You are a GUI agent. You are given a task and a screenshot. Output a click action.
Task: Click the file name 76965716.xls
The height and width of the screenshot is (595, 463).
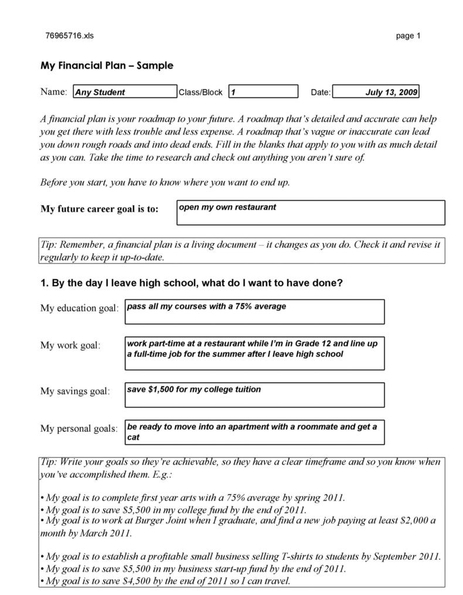click(69, 36)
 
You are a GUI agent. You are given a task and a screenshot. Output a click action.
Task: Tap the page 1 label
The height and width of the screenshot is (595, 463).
click(408, 36)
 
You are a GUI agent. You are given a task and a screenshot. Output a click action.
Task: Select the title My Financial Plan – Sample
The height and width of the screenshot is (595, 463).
click(107, 66)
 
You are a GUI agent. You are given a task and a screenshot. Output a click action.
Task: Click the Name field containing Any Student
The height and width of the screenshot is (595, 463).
click(124, 92)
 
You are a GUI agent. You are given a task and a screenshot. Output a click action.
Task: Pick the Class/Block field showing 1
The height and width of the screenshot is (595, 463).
click(263, 92)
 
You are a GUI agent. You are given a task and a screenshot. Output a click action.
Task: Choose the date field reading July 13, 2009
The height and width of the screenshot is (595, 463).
click(375, 92)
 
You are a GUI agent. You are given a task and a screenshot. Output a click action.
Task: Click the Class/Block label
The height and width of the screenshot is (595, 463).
click(200, 93)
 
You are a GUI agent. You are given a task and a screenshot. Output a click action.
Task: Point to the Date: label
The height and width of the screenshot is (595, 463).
click(321, 93)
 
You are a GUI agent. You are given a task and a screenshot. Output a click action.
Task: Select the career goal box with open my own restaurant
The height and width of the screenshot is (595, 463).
click(310, 213)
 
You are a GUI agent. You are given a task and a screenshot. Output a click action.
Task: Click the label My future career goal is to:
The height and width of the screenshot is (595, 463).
click(99, 209)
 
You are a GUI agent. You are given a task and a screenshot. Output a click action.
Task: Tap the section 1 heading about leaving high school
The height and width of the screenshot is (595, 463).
click(191, 283)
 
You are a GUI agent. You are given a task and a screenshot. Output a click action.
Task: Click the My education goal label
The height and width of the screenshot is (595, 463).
click(79, 308)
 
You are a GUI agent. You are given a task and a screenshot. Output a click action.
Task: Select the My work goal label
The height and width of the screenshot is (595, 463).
click(70, 345)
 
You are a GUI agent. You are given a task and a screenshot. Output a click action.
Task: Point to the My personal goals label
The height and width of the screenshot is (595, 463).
click(79, 428)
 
